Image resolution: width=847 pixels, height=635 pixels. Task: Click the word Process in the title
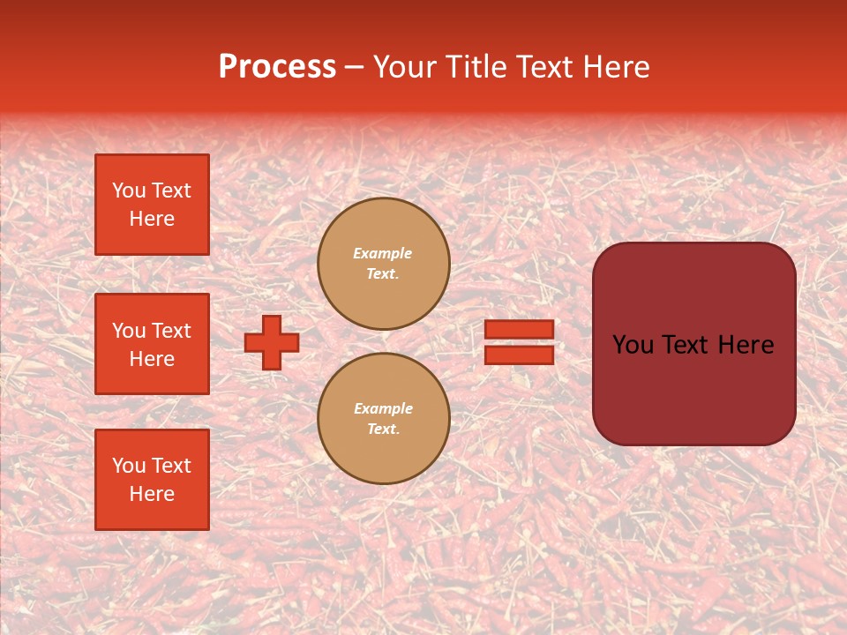click(277, 67)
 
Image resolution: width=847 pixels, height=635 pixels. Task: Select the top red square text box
click(152, 205)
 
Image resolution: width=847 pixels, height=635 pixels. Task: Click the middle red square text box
click(152, 344)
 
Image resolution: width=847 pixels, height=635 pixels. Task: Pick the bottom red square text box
click(152, 480)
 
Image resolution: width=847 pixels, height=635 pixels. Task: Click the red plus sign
click(272, 342)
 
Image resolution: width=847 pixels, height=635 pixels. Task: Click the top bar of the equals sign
click(520, 329)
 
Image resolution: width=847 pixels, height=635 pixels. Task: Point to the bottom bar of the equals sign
click(520, 355)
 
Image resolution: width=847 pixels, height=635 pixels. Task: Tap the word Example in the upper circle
click(383, 253)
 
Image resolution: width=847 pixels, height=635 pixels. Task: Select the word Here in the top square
click(152, 219)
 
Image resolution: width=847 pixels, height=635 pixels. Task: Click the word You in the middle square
click(129, 331)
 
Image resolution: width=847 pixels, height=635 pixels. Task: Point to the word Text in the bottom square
click(170, 466)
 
